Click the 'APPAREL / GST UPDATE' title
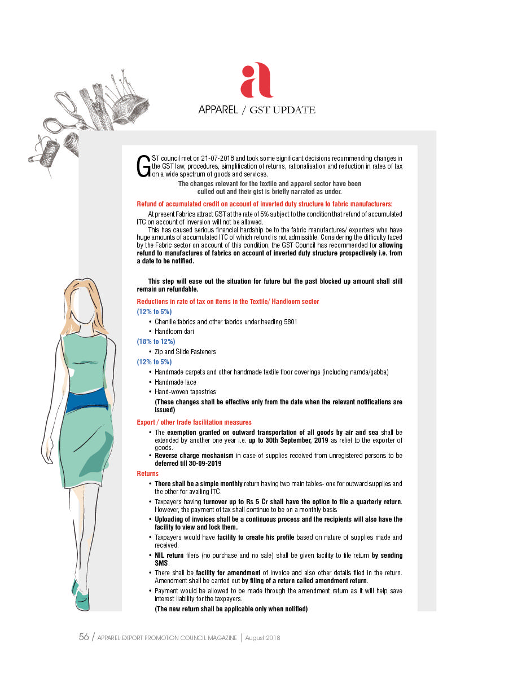[x=256, y=110]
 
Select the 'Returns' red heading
[x=148, y=474]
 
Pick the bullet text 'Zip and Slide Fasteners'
[x=186, y=352]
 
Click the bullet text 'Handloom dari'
[x=174, y=332]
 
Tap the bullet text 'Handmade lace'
[x=176, y=382]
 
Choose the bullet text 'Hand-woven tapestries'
[x=186, y=392]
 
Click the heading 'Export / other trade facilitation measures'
[x=194, y=422]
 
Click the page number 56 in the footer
[x=84, y=637]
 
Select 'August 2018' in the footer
[x=263, y=638]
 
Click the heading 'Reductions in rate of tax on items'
[x=228, y=302]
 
